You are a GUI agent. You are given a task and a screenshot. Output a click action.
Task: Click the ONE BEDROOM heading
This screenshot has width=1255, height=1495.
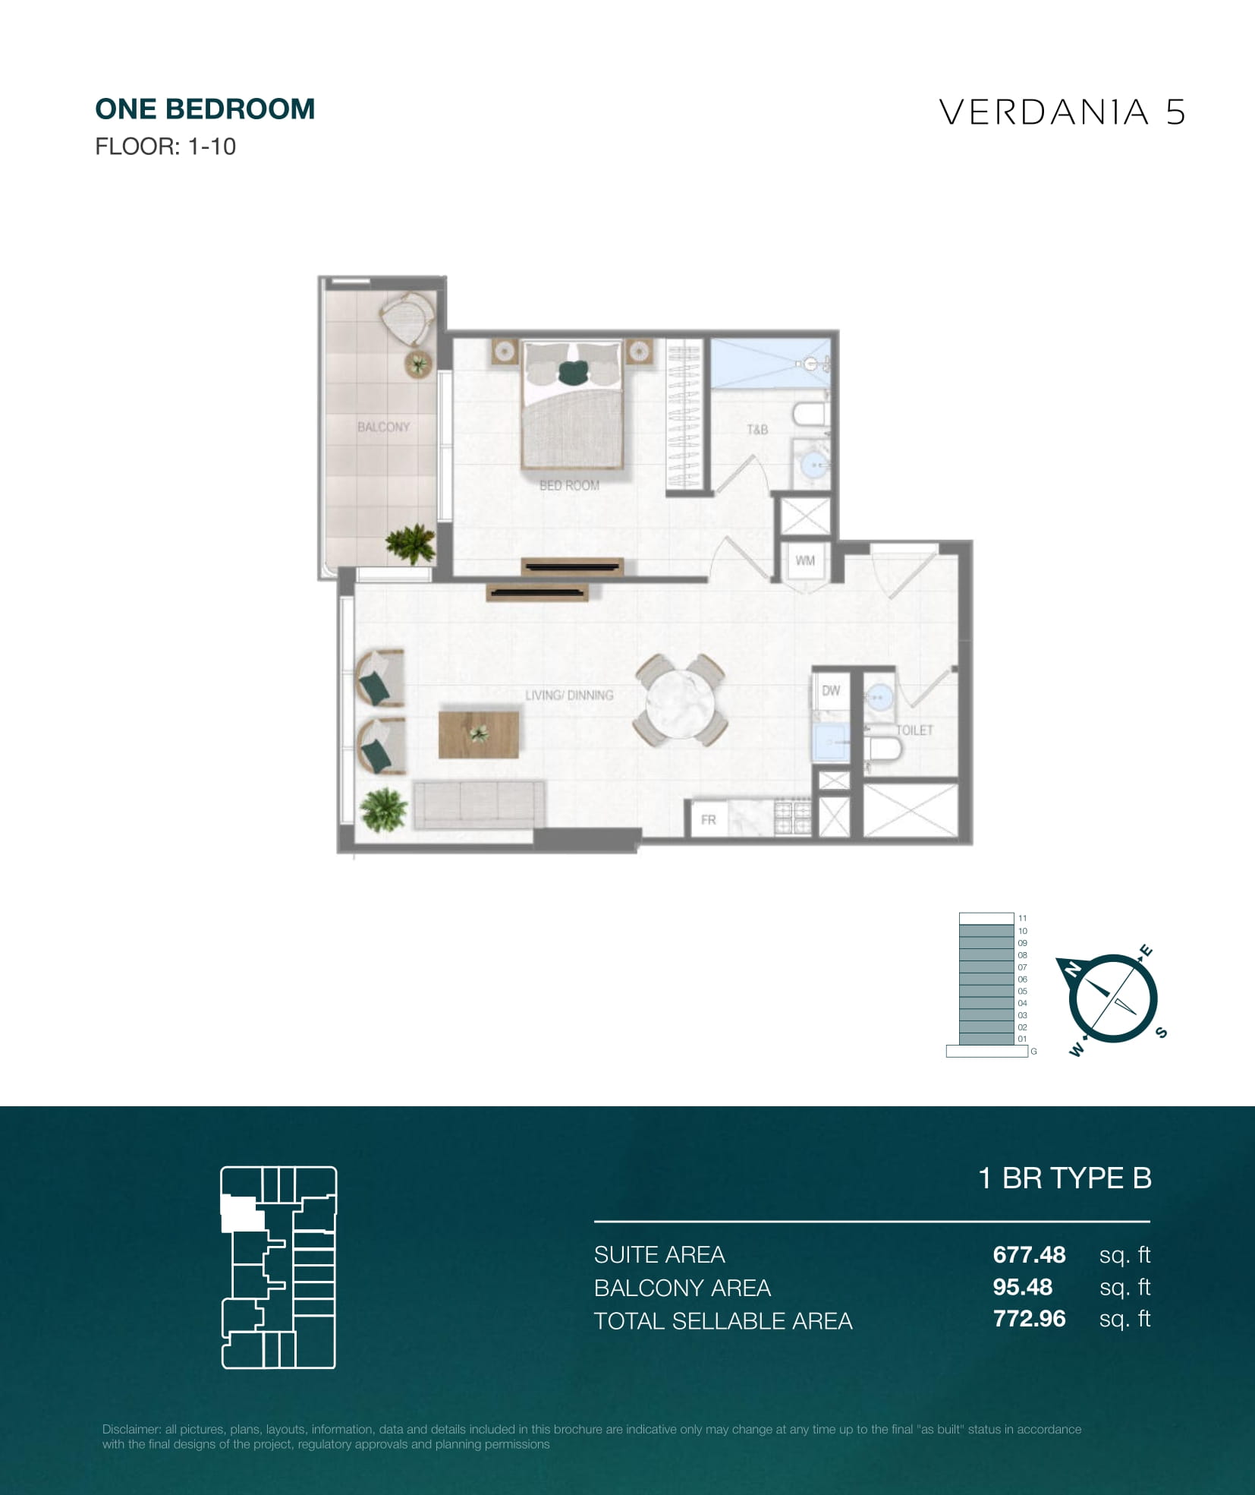tap(205, 109)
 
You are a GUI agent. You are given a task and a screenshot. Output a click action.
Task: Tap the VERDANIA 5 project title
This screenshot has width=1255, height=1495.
tap(1062, 112)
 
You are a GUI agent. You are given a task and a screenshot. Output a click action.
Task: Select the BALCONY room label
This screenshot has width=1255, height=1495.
tap(383, 427)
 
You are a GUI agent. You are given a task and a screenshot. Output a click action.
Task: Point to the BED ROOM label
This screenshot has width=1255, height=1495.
tap(569, 485)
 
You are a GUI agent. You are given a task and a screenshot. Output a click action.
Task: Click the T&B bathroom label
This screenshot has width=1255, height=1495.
tap(757, 430)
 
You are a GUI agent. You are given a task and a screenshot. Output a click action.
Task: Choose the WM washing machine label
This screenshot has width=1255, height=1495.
tap(805, 561)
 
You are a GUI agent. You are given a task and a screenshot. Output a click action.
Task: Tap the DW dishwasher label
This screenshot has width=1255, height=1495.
tap(831, 690)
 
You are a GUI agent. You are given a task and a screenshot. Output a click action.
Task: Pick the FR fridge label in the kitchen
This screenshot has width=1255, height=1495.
tap(708, 820)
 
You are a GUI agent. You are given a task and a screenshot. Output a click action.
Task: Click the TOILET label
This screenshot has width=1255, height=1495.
tap(914, 730)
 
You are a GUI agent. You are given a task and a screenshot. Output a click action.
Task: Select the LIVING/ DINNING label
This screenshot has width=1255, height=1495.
tap(569, 695)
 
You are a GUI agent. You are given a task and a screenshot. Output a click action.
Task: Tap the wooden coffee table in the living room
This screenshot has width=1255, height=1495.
tap(479, 734)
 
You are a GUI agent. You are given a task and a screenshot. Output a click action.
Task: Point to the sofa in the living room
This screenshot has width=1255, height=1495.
tap(478, 806)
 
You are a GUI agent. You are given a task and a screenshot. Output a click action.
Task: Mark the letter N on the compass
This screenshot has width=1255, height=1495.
tap(1073, 969)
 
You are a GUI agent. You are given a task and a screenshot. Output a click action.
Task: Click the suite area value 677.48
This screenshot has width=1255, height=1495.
tap(1029, 1254)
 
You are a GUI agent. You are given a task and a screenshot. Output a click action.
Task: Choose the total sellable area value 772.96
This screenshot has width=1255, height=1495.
tap(1029, 1319)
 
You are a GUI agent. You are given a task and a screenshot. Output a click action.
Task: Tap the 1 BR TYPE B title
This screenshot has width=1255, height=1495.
tap(1065, 1178)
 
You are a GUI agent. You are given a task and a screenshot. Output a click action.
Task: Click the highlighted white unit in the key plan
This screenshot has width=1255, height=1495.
tap(241, 1213)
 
